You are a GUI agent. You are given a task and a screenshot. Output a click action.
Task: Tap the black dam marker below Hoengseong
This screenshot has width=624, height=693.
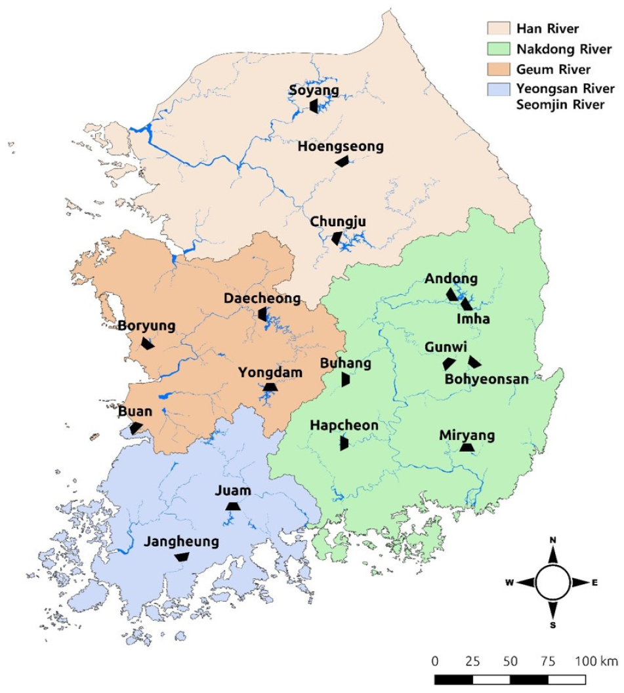coord(342,161)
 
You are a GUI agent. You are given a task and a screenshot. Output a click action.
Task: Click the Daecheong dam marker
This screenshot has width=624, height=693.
coord(262,314)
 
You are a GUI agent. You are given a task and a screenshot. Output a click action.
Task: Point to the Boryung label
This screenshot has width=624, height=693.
coord(147,326)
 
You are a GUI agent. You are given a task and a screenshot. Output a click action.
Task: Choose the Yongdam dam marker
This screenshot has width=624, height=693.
coord(269,387)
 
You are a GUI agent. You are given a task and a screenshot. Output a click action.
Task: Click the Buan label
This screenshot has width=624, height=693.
coord(135,412)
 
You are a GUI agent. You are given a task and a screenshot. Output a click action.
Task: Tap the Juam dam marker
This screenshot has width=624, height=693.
coord(232,506)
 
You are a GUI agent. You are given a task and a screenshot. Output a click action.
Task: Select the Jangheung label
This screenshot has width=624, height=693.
coord(181,542)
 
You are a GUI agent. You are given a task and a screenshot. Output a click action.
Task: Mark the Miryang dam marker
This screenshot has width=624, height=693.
coord(467,447)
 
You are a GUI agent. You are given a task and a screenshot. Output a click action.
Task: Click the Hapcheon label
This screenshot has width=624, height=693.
coord(344,426)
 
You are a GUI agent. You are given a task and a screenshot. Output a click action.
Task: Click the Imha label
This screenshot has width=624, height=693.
coord(473,319)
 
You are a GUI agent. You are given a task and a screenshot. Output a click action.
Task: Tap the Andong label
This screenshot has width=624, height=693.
coord(451,279)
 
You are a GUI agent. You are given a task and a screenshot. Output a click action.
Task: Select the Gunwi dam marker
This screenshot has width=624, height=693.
coord(448,363)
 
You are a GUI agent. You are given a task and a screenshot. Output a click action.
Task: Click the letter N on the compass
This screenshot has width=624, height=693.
coord(552,540)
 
